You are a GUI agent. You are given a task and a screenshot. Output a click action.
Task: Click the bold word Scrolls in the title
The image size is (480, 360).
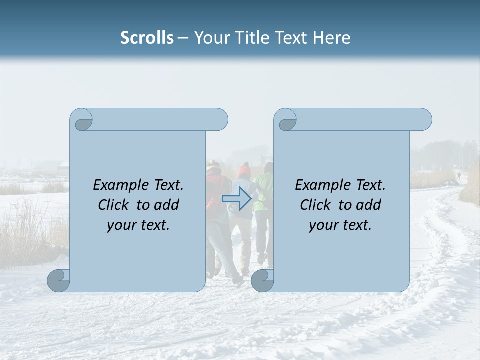click(147, 37)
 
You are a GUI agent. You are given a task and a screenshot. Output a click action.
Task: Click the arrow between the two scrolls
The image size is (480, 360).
click(236, 199)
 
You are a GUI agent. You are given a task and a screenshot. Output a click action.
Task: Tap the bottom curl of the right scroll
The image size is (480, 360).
click(263, 281)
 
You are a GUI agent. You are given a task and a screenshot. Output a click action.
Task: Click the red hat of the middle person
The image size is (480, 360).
click(244, 171)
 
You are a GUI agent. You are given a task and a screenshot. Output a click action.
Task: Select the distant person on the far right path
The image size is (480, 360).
click(458, 176)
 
